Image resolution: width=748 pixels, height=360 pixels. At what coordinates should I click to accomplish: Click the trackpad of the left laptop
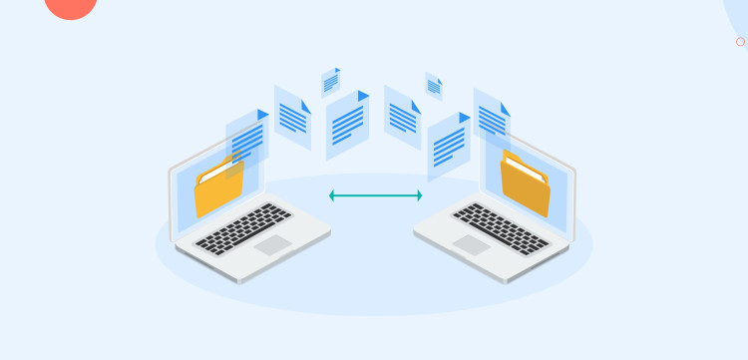point(272,244)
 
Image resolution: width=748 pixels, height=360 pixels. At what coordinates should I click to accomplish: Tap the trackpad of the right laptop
point(471,244)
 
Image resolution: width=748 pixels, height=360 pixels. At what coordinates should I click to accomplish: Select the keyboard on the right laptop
point(501,227)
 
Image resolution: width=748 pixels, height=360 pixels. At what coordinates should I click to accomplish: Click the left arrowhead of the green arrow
point(332,195)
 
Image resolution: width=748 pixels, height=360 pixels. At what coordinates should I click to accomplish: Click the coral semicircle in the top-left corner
point(71,7)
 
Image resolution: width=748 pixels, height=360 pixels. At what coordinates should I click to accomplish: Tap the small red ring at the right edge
point(740,42)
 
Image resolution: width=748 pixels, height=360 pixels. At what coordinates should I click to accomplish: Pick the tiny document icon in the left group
point(331,81)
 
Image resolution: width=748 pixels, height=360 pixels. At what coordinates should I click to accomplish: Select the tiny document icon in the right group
point(434,86)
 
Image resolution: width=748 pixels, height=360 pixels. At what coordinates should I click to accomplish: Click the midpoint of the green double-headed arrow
point(375,195)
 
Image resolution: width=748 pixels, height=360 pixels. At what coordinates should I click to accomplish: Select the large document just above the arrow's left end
point(347,126)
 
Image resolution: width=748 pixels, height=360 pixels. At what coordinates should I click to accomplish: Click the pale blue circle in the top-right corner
point(739,15)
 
